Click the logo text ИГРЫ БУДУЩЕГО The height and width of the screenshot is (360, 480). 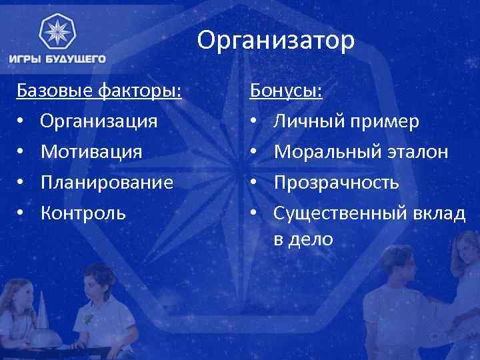point(57,59)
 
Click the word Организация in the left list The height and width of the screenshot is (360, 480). point(99,121)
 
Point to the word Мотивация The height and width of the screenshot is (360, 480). point(91,151)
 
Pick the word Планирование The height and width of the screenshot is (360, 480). point(107,182)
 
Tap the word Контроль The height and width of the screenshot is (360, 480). point(83,213)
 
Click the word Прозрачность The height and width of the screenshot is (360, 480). point(337,182)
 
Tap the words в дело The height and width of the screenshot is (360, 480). point(303,239)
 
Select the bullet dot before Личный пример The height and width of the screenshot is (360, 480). point(254,122)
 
